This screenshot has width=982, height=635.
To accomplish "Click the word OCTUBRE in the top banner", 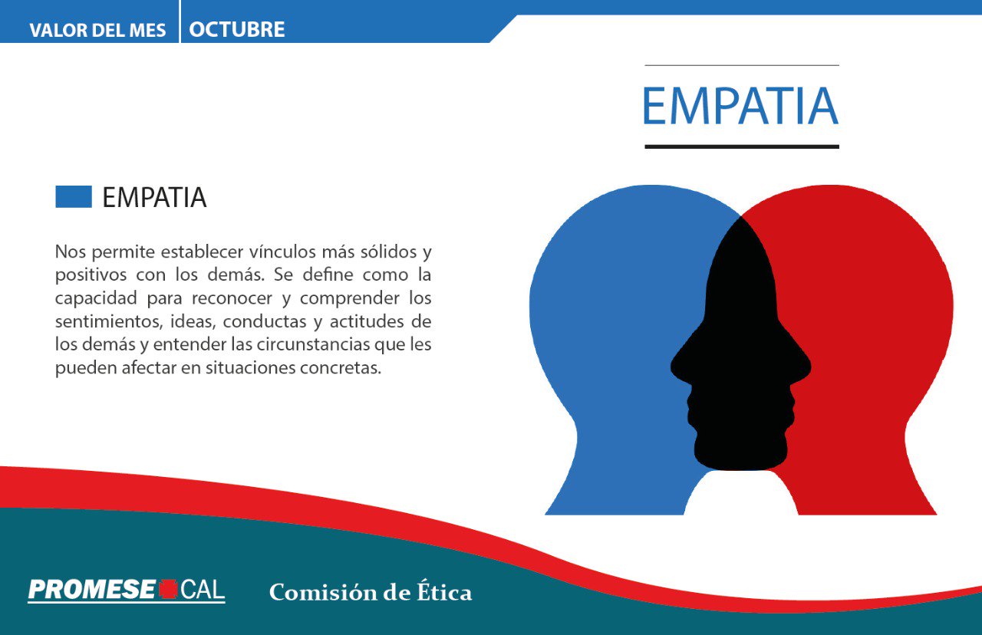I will point(236,30).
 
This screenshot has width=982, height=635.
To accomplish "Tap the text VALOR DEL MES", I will point(97,31).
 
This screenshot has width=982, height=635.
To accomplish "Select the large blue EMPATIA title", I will point(740,107).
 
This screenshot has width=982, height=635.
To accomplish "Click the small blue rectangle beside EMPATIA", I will point(74,197).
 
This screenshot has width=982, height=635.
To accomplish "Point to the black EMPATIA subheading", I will point(154,198).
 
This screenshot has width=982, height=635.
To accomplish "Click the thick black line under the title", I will point(741,146).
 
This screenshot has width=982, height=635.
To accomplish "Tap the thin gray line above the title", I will point(741,65).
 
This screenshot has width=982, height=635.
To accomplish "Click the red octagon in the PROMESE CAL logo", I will point(168,590).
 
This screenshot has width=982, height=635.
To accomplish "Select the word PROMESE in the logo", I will point(92,590).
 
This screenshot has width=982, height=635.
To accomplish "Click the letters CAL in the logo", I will point(203,590).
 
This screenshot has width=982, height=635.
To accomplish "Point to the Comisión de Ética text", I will point(371,593).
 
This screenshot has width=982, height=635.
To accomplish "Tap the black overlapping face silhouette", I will point(740,345).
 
